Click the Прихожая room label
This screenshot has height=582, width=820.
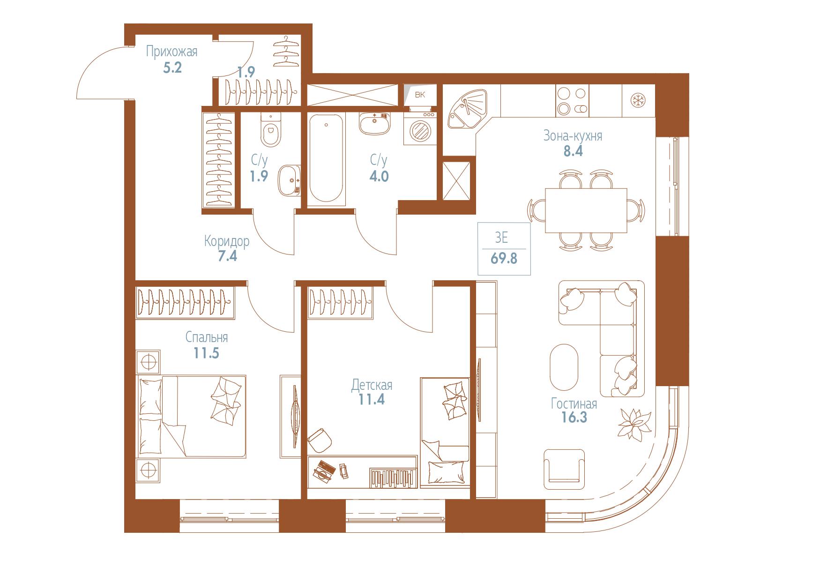click(171, 52)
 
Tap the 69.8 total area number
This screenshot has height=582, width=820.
click(504, 258)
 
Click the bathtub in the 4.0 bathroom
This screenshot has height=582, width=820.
click(326, 159)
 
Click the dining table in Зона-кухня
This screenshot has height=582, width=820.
click(586, 210)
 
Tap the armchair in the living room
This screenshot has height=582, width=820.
click(565, 469)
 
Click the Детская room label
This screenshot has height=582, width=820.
click(372, 385)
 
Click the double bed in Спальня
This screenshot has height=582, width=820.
click(191, 416)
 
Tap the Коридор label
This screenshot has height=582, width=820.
click(227, 241)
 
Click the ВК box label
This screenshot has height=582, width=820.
click(420, 95)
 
